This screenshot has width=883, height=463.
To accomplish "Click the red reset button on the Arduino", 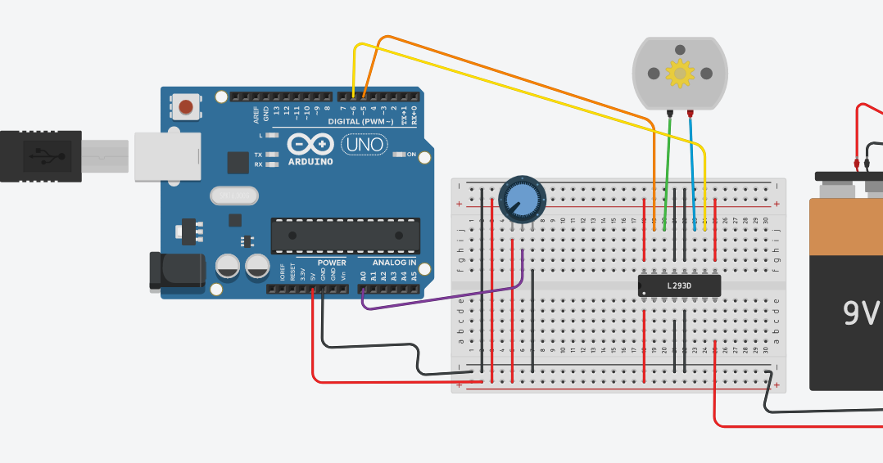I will tap(187, 106).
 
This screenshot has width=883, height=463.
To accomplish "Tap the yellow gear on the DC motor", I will tap(680, 74).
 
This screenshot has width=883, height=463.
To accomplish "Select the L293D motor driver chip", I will tap(679, 285).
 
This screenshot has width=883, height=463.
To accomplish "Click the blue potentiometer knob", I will tap(520, 199).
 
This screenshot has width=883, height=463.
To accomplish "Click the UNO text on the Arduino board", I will tap(362, 145).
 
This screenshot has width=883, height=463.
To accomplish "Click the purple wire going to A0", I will tap(442, 299).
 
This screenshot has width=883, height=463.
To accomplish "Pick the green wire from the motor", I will tap(667, 164).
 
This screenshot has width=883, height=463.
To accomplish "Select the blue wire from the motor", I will tap(693, 164).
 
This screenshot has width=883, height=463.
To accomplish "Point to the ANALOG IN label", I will tap(394, 263).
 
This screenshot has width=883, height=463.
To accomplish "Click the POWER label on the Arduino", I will tap(332, 263).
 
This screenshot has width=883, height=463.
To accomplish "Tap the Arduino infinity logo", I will tap(310, 145).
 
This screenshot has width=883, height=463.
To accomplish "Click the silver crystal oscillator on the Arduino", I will tap(234, 196).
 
